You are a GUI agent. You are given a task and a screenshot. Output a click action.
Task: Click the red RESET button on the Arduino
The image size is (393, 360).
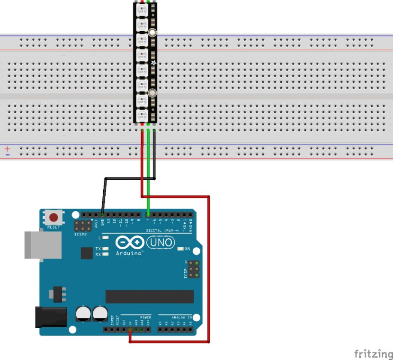[x=54, y=218]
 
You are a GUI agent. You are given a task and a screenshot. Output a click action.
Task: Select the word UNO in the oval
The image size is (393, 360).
[x=161, y=243]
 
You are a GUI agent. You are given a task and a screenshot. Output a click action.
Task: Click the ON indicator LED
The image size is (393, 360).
[x=180, y=249]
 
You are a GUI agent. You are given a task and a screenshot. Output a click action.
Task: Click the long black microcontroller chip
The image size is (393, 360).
[x=150, y=297]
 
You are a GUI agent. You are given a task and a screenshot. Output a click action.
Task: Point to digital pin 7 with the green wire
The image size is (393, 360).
[x=148, y=215]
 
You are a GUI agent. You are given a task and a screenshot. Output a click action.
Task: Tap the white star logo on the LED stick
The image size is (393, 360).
[x=153, y=63]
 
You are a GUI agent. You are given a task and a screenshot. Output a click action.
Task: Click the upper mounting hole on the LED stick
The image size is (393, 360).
[x=153, y=33]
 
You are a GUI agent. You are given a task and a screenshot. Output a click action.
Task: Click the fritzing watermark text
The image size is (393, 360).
[x=373, y=353]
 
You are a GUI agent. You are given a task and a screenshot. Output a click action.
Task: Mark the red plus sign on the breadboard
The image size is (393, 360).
[x=8, y=149]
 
